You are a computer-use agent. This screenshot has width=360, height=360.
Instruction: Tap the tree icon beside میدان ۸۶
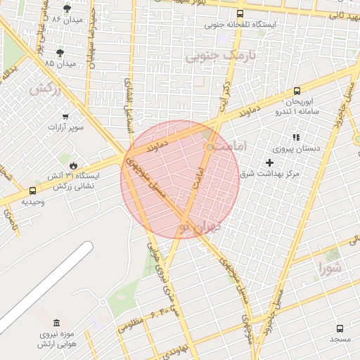tap(67, 9)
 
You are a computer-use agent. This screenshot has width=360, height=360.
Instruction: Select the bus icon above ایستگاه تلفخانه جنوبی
tap(240, 13)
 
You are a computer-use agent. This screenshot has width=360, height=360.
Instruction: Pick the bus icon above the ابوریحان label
tap(297, 91)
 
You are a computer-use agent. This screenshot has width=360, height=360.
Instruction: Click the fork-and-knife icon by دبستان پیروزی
tap(296, 137)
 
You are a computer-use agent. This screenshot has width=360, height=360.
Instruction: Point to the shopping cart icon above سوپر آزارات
tap(65, 117)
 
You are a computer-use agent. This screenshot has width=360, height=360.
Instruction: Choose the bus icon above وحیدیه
tap(32, 191)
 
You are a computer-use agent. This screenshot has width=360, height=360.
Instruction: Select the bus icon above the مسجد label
tap(340, 328)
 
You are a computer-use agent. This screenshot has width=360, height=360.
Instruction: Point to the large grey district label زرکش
tap(44, 89)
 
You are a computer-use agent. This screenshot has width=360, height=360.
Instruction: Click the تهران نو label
tap(199, 227)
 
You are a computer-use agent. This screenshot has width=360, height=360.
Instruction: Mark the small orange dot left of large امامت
tap(210, 147)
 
